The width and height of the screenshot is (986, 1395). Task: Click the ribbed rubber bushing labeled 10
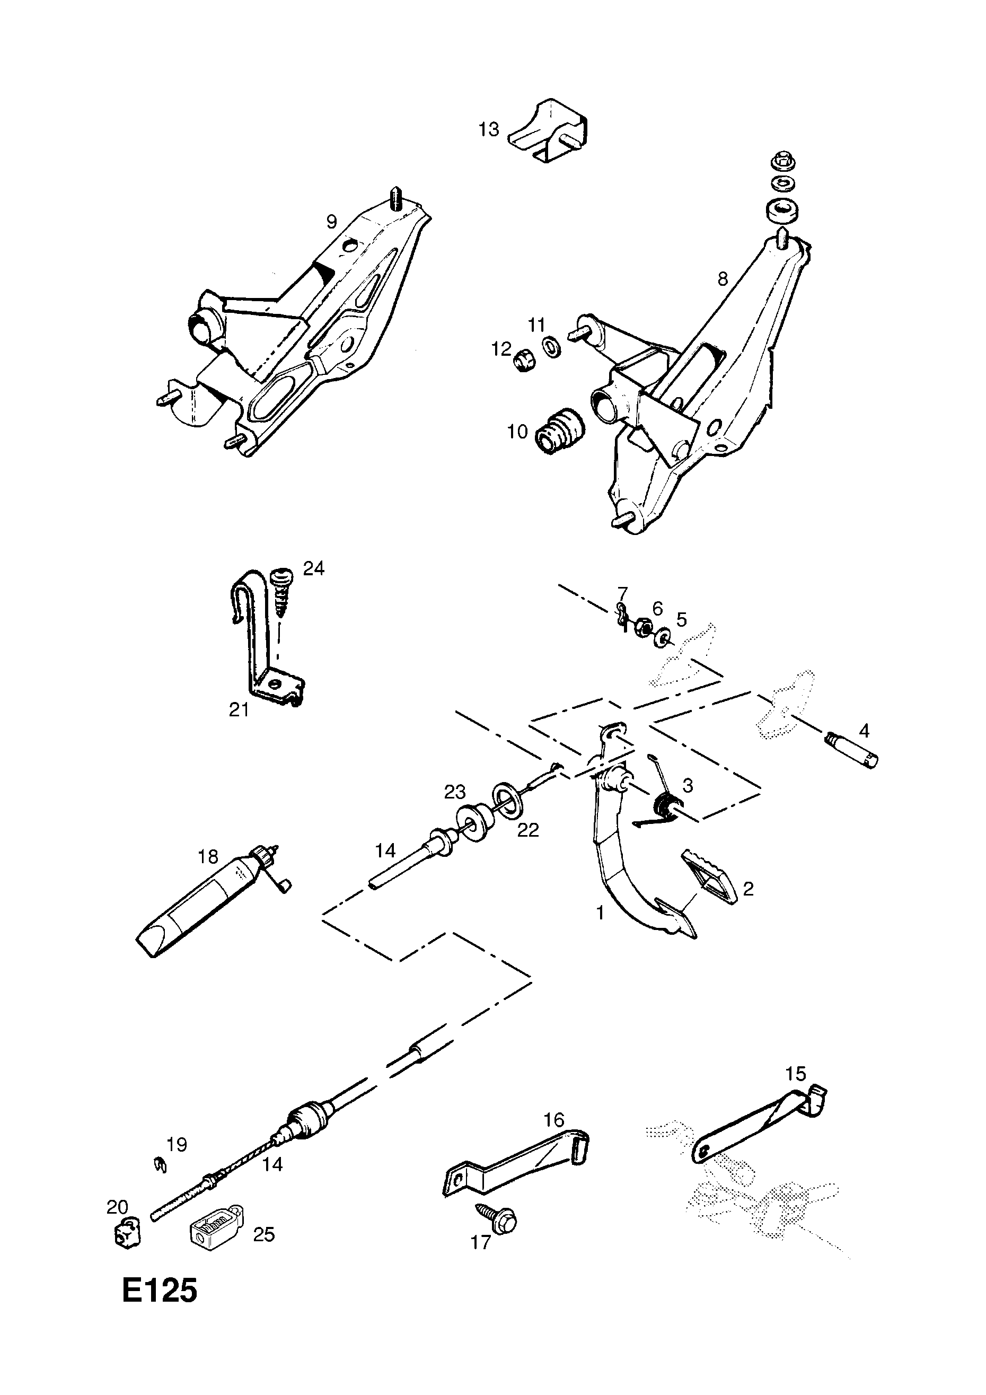pos(559,429)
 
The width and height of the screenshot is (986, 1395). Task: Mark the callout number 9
pos(331,222)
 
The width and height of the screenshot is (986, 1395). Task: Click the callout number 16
pos(554,1119)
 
